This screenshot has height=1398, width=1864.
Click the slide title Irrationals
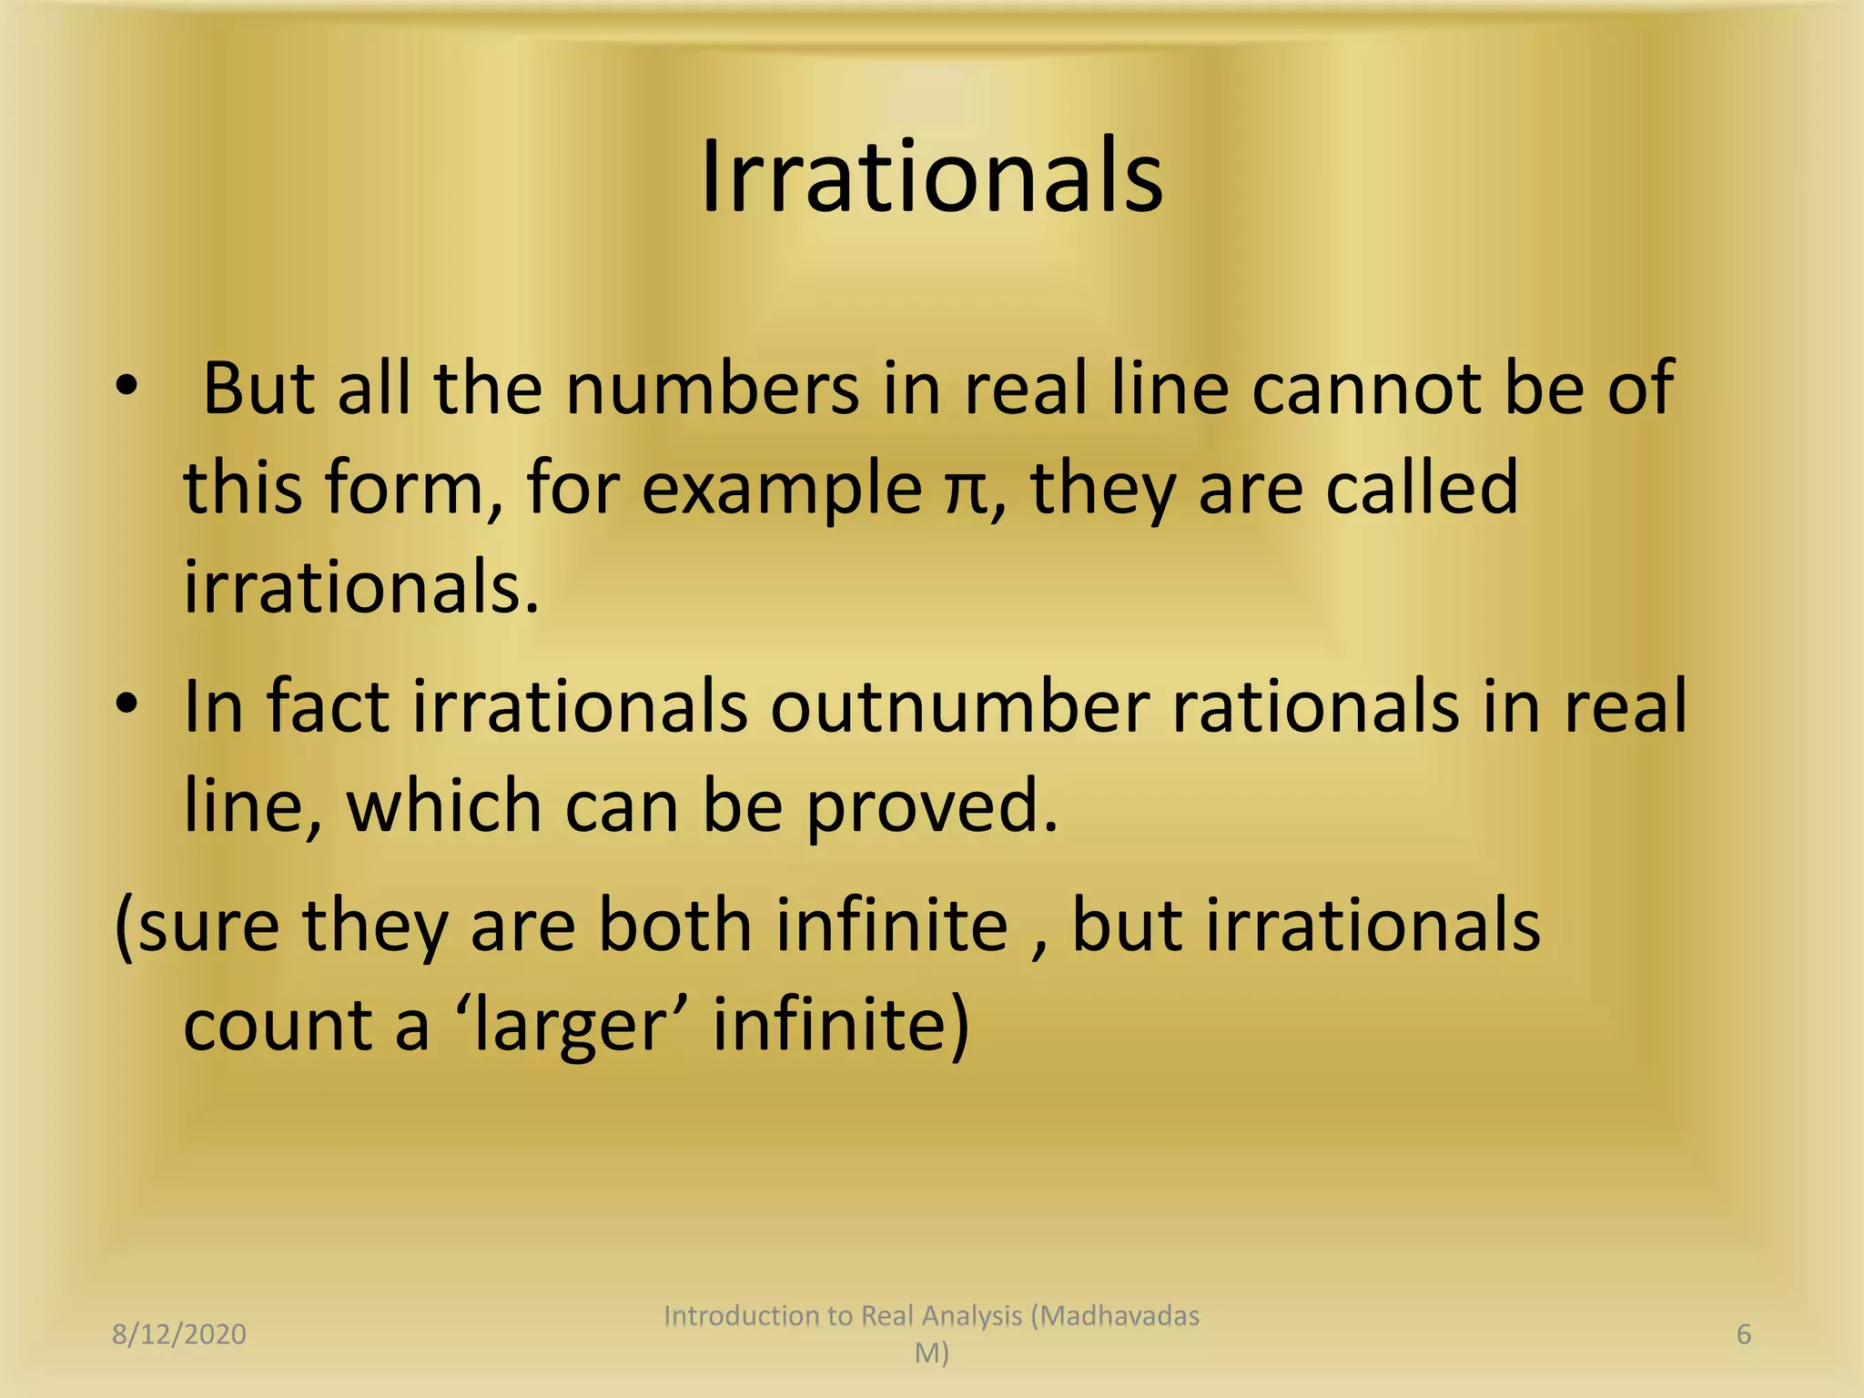pos(931,177)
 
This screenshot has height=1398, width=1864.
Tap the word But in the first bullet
pos(258,389)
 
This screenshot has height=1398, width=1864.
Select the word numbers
pos(712,389)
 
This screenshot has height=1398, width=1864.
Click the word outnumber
pos(959,707)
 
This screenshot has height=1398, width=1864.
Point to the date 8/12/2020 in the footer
pos(179,1334)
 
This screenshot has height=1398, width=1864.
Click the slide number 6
pos(1744,1334)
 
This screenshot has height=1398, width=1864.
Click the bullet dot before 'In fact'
pos(127,704)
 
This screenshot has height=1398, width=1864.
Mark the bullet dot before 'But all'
pos(127,386)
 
